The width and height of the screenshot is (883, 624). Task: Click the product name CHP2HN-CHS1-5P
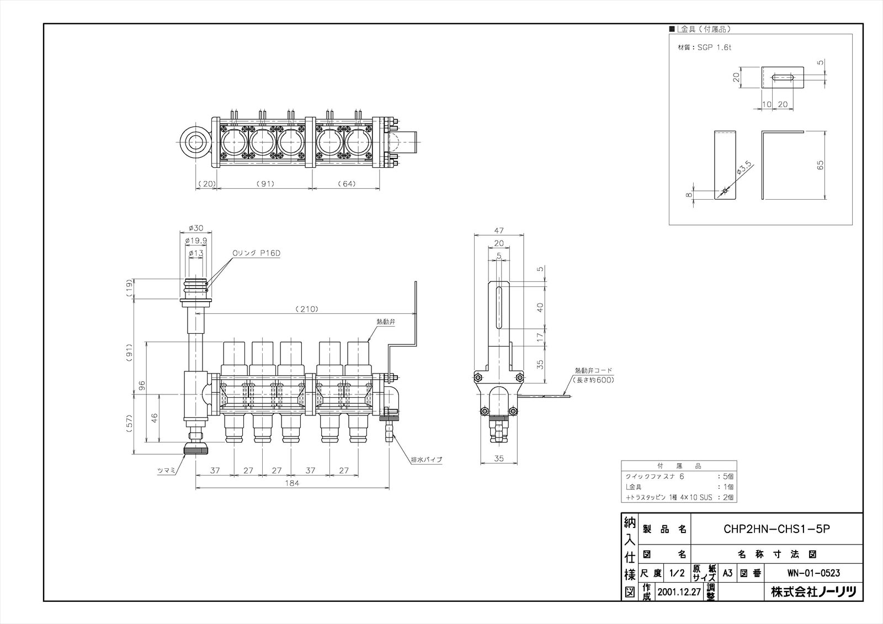tap(776, 529)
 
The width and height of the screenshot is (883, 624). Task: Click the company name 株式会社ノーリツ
tap(813, 593)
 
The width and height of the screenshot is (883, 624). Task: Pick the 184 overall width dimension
tap(292, 483)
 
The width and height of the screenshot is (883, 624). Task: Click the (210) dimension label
tap(306, 309)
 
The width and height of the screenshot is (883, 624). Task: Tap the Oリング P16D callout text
tap(257, 253)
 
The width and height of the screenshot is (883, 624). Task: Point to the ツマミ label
tap(166, 471)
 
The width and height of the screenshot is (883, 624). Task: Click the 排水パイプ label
tap(426, 459)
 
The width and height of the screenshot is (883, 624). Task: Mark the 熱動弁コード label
tap(594, 371)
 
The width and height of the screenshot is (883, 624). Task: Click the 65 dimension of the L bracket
tap(821, 165)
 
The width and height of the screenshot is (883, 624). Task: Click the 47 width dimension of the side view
tap(499, 230)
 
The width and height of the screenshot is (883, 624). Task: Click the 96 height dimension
tap(141, 385)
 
